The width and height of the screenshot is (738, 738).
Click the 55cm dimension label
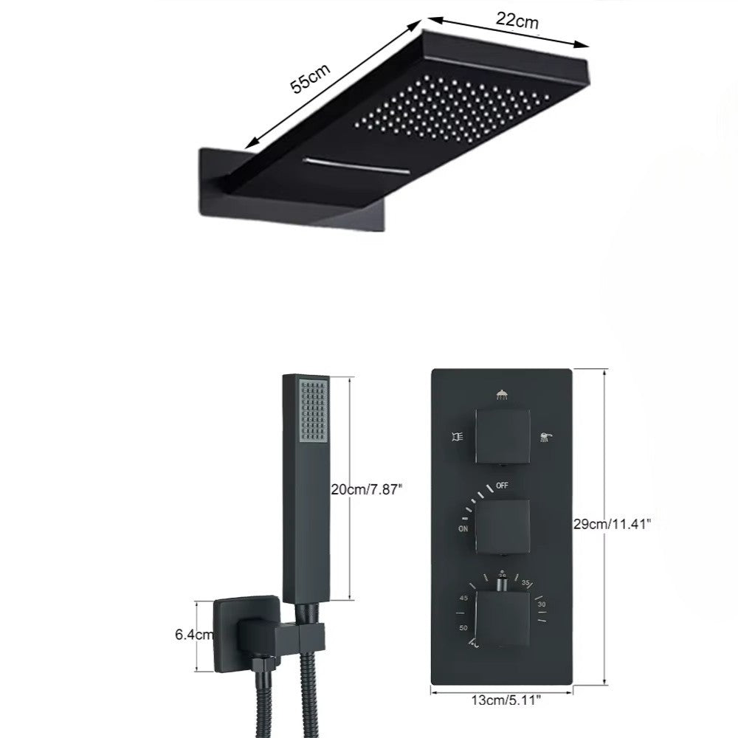click(x=310, y=77)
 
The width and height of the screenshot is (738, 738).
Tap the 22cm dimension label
click(x=516, y=21)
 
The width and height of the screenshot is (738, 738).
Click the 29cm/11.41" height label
click(x=612, y=524)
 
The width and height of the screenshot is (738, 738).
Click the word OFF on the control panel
click(x=502, y=486)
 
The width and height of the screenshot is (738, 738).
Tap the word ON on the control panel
click(x=463, y=528)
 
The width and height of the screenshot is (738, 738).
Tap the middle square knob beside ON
click(x=502, y=525)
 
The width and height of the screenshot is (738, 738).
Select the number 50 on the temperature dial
click(x=463, y=627)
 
